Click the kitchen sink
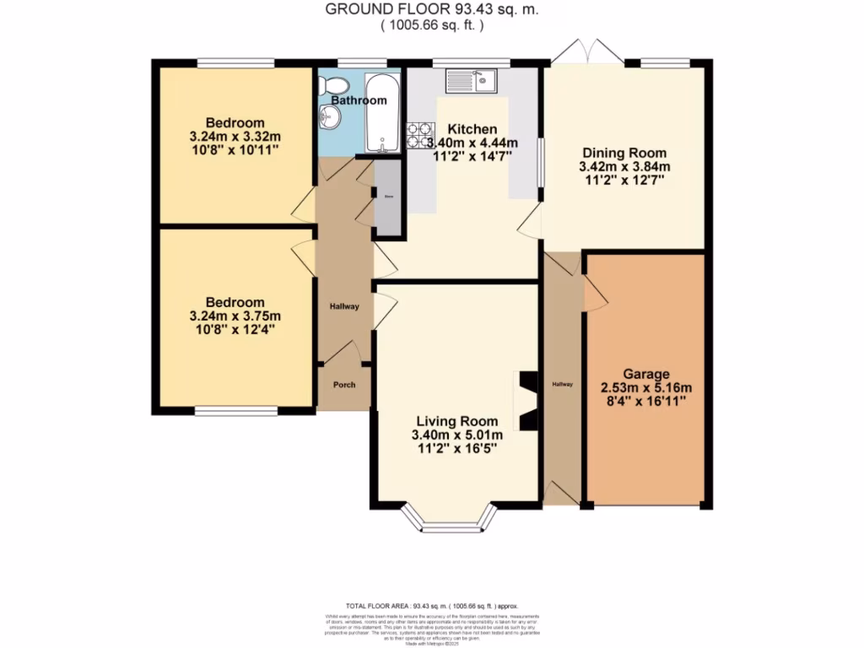472,81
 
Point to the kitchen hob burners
419,136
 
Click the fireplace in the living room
526,401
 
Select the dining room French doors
588,52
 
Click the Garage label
646,374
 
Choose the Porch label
343,385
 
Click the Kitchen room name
472,129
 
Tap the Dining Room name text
624,154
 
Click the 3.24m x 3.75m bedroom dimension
235,316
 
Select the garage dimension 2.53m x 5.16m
646,388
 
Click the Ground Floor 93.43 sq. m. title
431,10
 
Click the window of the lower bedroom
236,412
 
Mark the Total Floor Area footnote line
432,606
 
